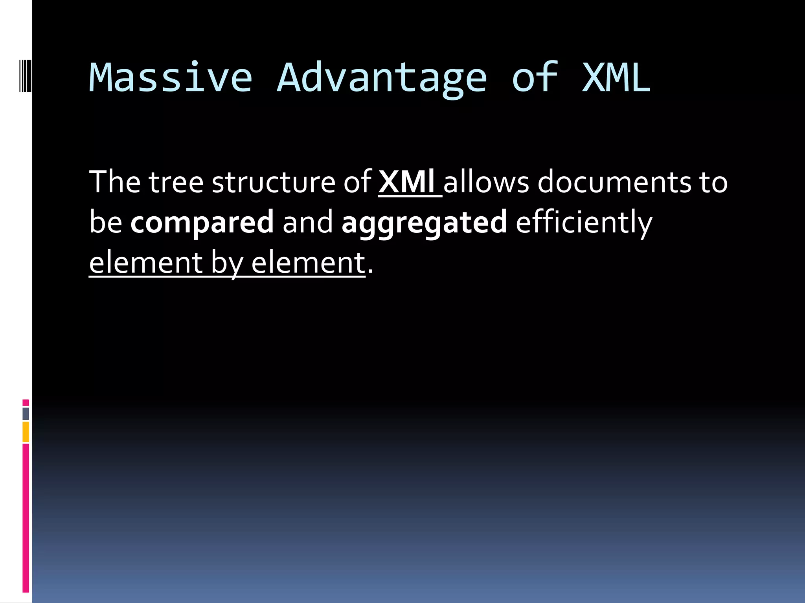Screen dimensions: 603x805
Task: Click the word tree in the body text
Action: [176, 182]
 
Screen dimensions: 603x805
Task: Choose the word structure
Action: [274, 182]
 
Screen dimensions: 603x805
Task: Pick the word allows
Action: [486, 182]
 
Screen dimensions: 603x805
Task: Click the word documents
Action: [614, 182]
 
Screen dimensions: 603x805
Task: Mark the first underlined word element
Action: [145, 263]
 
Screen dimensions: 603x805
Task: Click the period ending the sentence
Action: [370, 271]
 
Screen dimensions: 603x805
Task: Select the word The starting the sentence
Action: [115, 182]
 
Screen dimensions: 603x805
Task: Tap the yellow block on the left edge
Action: [26, 431]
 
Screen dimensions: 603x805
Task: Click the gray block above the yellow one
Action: [26, 413]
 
